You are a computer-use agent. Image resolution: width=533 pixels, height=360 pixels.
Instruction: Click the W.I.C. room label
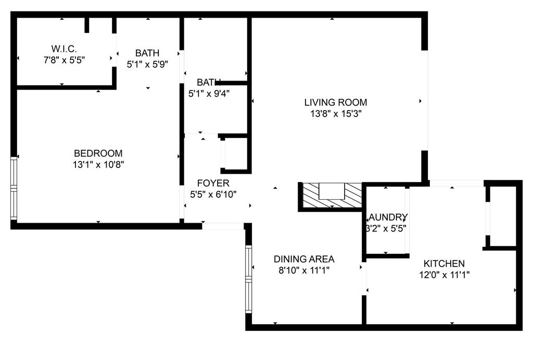64,49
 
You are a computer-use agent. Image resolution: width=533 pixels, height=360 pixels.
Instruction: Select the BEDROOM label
98,153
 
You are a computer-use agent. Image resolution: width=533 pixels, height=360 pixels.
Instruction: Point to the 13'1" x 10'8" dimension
98,164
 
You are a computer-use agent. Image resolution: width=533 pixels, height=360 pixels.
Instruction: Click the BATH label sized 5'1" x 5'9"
147,53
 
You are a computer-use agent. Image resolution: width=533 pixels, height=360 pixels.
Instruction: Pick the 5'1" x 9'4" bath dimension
209,94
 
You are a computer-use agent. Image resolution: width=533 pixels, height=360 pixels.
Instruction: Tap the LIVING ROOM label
336,102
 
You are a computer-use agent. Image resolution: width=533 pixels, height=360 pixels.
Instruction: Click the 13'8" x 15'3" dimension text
336,113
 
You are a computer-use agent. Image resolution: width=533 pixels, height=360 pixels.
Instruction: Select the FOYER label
213,184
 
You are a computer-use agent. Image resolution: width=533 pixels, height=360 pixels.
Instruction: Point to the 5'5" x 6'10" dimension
213,195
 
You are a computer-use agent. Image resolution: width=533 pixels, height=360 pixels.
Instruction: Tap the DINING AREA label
304,259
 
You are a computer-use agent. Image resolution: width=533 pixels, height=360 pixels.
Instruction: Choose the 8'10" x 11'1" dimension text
304,270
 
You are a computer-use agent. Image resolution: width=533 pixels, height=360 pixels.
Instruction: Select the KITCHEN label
444,264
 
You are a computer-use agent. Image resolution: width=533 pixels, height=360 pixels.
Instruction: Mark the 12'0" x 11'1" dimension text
444,275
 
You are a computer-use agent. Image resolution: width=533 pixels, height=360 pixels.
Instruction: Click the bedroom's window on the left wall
14,188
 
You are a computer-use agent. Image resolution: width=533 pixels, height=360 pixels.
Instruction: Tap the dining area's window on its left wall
249,279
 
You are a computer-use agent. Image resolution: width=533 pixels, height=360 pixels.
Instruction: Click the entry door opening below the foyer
223,226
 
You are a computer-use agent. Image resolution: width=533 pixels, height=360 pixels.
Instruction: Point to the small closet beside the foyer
236,153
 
